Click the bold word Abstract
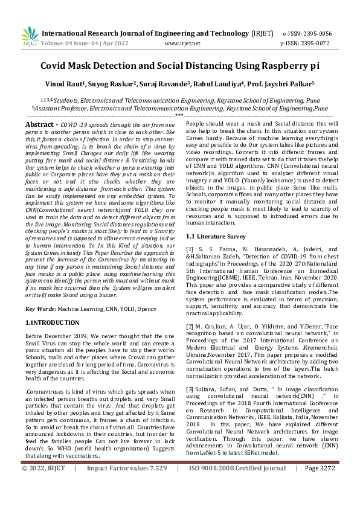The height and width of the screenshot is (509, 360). tap(42, 124)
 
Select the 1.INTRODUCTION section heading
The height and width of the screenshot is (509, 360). tap(53, 324)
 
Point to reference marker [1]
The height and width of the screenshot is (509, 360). tap(190, 249)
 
